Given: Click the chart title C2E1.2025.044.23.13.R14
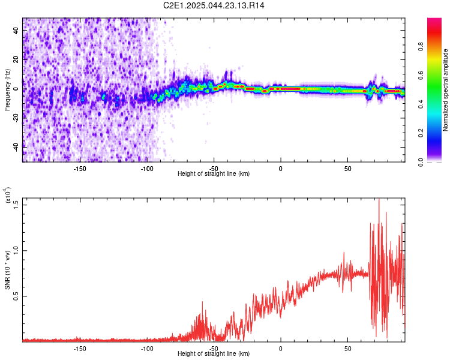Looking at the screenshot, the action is pyautogui.click(x=214, y=5).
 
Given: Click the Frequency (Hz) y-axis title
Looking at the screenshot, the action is pyautogui.click(x=7, y=89).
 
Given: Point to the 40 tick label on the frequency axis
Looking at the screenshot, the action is pyautogui.click(x=16, y=30).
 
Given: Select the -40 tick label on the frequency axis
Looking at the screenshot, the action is pyautogui.click(x=16, y=147).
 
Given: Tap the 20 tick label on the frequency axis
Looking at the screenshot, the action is pyautogui.click(x=16, y=59).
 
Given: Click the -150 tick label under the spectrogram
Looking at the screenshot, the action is pyautogui.click(x=80, y=169).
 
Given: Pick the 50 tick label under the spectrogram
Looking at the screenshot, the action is pyautogui.click(x=347, y=169).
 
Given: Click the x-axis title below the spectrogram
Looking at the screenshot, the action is pyautogui.click(x=214, y=173).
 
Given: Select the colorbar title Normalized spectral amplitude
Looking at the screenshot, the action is pyautogui.click(x=445, y=90).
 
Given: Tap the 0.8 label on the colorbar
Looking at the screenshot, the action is pyautogui.click(x=421, y=46).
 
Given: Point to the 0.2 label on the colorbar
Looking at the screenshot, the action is pyautogui.click(x=421, y=133).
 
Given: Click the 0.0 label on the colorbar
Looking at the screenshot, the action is pyautogui.click(x=421, y=162).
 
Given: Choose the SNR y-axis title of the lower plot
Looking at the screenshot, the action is pyautogui.click(x=7, y=270).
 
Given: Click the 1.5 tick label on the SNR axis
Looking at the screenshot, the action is pyautogui.click(x=16, y=205).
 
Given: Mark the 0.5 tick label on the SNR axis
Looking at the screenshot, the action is pyautogui.click(x=16, y=296).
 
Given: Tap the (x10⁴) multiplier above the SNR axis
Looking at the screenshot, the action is pyautogui.click(x=7, y=195).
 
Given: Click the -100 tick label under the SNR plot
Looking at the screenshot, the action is pyautogui.click(x=147, y=349).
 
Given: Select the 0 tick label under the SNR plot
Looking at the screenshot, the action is pyautogui.click(x=281, y=349).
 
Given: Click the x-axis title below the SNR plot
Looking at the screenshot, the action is pyautogui.click(x=214, y=353).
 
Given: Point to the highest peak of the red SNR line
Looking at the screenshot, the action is pyautogui.click(x=379, y=199).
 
